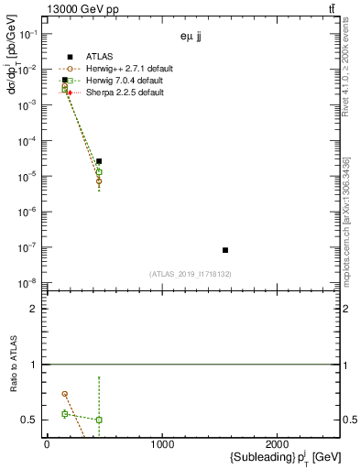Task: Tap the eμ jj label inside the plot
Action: [191, 38]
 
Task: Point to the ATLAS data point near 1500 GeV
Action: [225, 250]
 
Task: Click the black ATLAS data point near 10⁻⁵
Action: [99, 161]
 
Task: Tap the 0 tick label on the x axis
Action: [47, 444]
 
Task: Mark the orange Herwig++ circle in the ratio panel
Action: [65, 394]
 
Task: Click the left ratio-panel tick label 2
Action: [34, 310]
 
